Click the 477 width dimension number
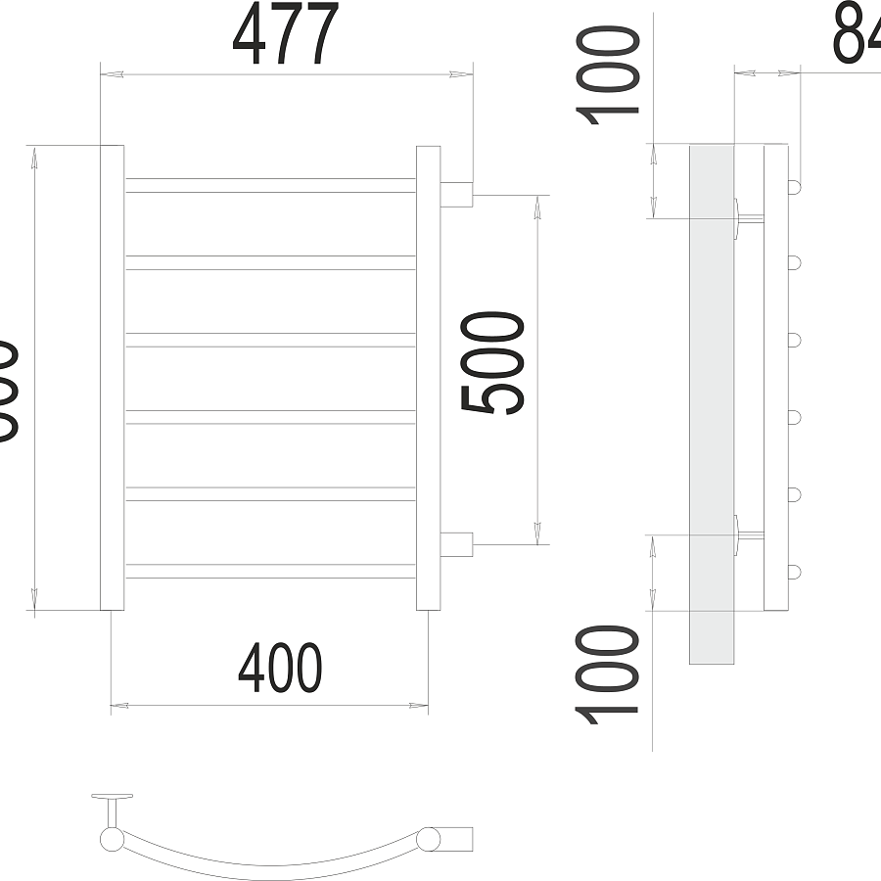(x=285, y=34)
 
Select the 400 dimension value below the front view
(x=280, y=669)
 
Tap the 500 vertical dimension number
(x=494, y=363)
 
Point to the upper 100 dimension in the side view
(x=610, y=76)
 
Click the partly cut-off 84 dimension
(x=857, y=34)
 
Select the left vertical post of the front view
(x=112, y=377)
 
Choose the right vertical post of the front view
(x=428, y=377)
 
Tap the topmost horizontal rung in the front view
(x=270, y=185)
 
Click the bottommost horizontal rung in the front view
(x=270, y=571)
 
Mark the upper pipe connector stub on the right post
(x=457, y=194)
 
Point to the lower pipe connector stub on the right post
(x=457, y=543)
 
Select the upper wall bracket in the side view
(x=744, y=217)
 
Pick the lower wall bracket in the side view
(x=744, y=535)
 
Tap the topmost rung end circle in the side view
(x=795, y=185)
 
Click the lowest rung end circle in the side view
(x=795, y=571)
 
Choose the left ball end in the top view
(x=111, y=839)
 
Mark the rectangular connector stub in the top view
(x=456, y=839)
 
